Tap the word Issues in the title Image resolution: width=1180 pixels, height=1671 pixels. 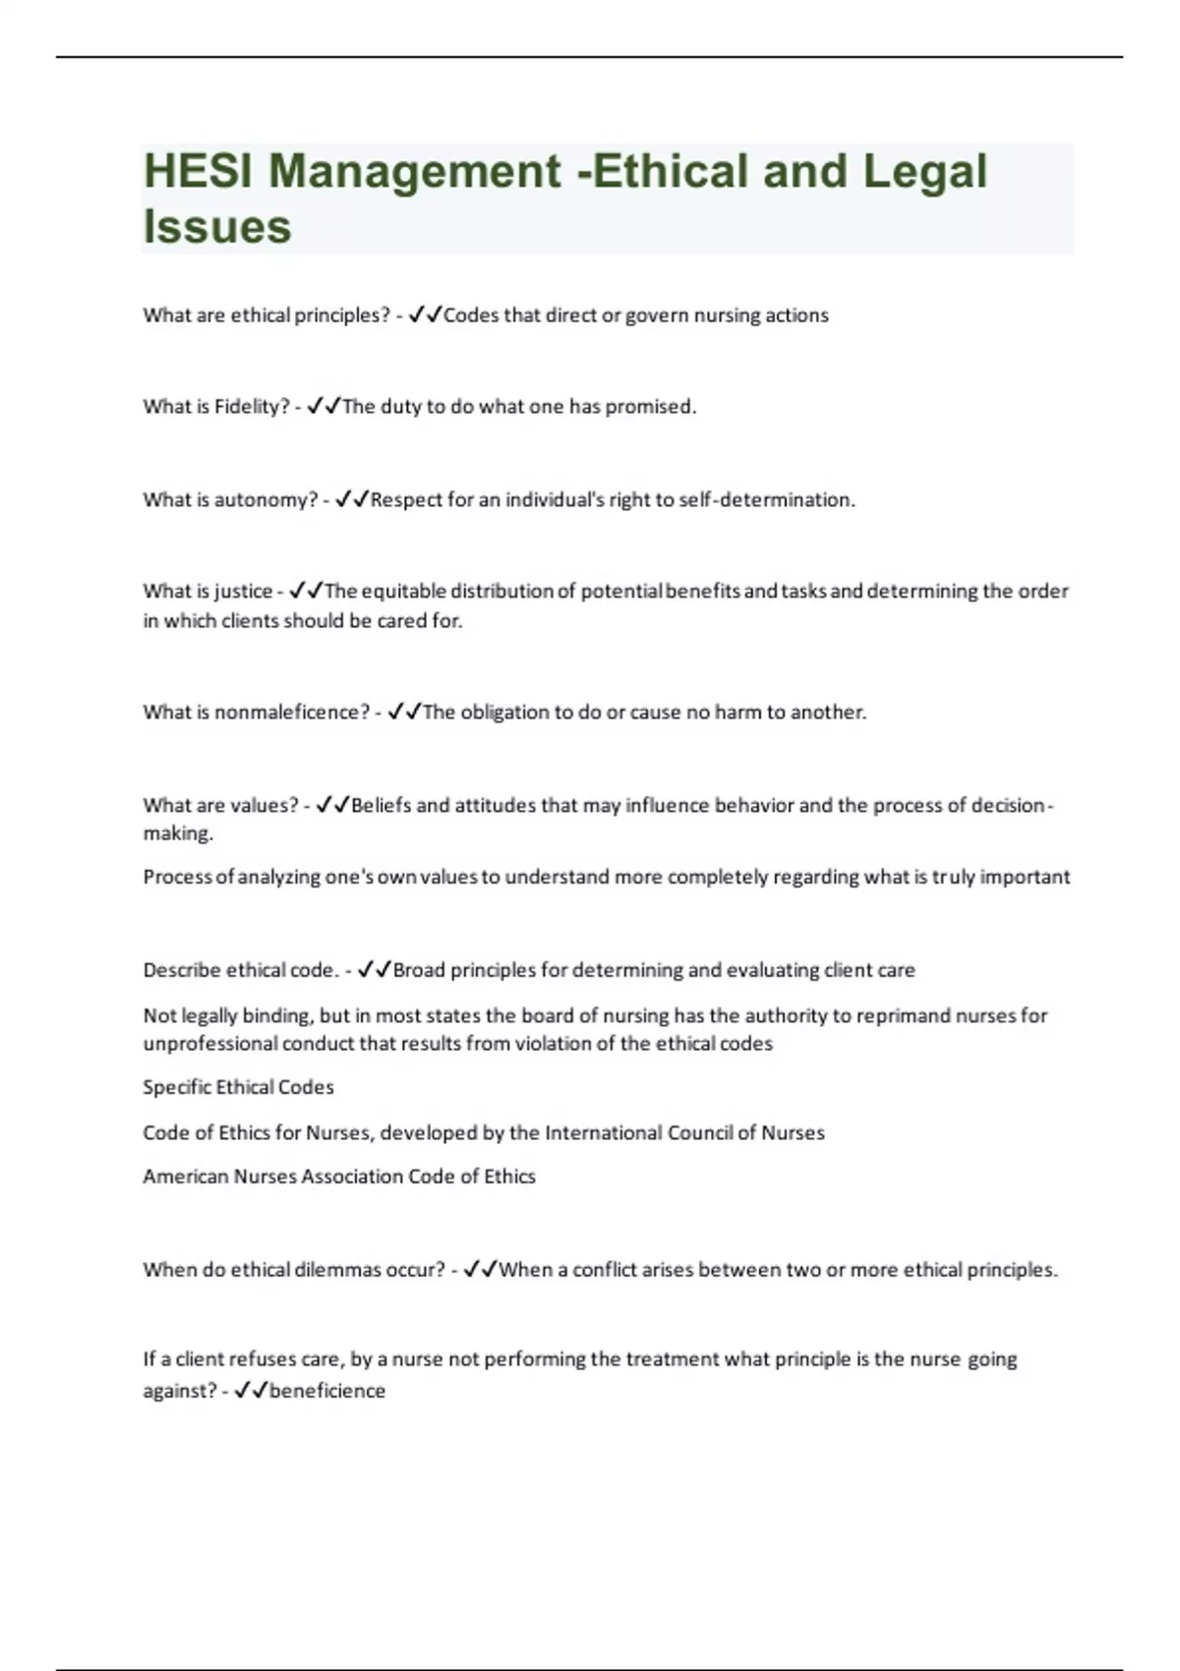coord(217,226)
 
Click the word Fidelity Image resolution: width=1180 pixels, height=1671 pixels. coord(251,407)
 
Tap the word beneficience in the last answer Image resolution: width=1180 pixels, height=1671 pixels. coord(326,1391)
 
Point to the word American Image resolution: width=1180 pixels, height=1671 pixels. coord(185,1177)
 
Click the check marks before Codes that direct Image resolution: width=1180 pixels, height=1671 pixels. coord(425,316)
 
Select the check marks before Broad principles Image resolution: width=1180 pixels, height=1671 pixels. coord(375,970)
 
